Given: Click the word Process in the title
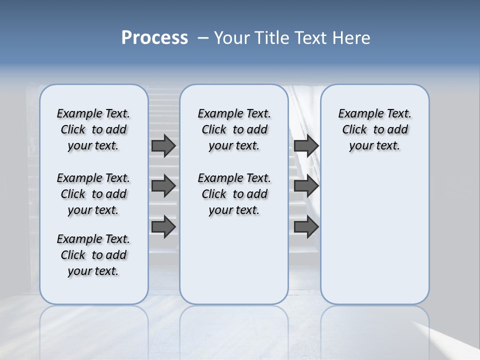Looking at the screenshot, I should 154,38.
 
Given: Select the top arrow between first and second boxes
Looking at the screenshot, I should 163,145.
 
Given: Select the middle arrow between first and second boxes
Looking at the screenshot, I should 163,186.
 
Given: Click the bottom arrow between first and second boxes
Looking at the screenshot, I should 163,226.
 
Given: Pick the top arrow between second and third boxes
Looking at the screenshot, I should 306,145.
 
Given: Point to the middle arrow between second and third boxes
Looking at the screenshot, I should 306,186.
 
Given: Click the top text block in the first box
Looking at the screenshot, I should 93,129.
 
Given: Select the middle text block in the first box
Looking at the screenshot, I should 93,194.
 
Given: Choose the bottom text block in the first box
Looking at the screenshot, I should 93,255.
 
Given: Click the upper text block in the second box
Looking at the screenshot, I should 234,129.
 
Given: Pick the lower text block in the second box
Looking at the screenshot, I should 234,194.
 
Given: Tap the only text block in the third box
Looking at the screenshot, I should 374,129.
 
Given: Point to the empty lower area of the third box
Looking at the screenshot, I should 374,230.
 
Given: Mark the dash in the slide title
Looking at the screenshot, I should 203,38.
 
